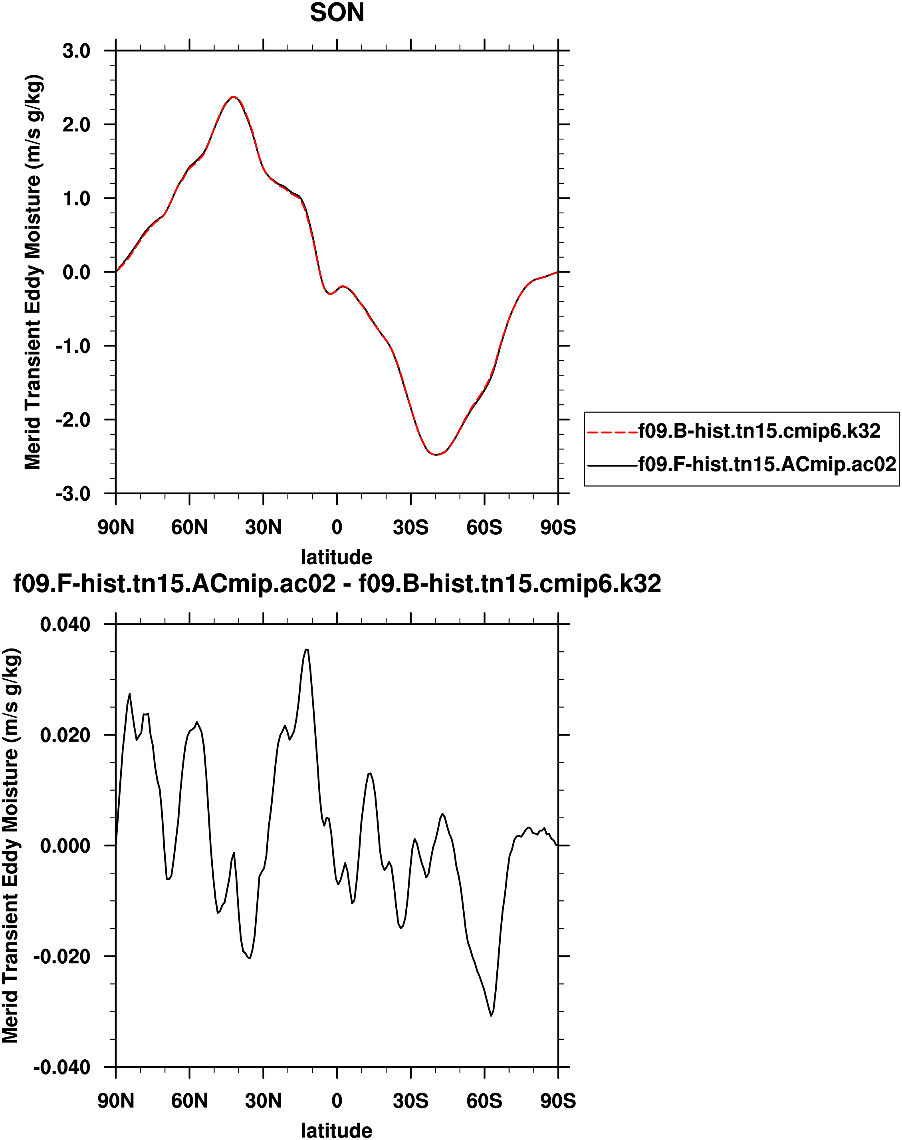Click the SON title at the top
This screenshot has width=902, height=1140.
[x=337, y=13]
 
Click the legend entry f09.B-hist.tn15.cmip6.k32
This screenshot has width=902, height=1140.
[x=759, y=431]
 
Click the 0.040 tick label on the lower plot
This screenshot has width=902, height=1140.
[x=65, y=624]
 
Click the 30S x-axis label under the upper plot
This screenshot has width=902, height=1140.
[x=410, y=527]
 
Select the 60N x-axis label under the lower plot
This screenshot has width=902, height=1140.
[x=190, y=1101]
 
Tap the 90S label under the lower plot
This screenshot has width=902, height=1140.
[x=558, y=1101]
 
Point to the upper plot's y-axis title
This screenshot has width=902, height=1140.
[x=33, y=272]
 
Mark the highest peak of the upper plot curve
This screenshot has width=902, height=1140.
[x=234, y=97]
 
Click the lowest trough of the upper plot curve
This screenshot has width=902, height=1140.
[x=436, y=454]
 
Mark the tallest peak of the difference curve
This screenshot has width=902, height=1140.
[x=306, y=650]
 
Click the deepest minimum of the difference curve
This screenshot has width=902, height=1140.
[x=491, y=1015]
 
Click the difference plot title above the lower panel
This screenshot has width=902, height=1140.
[x=337, y=584]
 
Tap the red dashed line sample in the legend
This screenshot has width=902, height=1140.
[x=612, y=432]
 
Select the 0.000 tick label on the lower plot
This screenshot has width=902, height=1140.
[x=65, y=846]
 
